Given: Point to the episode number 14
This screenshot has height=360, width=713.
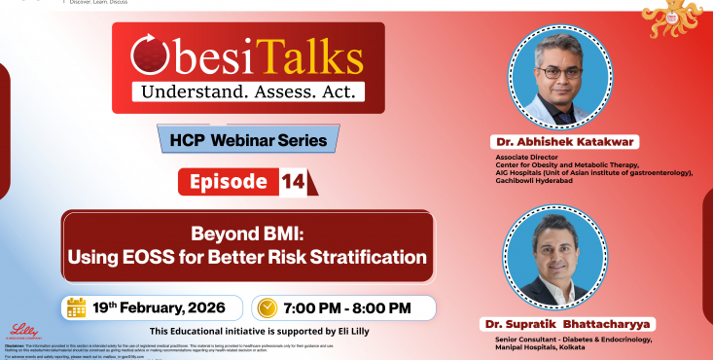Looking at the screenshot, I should [293, 181].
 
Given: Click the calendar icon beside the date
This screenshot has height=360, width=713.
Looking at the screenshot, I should [77, 307].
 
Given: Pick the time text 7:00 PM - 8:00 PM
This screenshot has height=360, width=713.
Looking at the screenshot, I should [346, 307].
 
